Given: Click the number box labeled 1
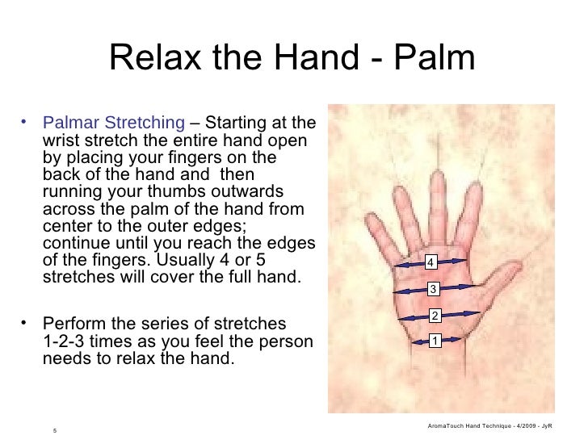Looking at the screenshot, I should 435,341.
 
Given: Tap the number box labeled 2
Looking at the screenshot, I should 435,316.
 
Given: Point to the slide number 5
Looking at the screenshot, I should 54,429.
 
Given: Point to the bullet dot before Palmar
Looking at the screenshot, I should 26,123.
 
